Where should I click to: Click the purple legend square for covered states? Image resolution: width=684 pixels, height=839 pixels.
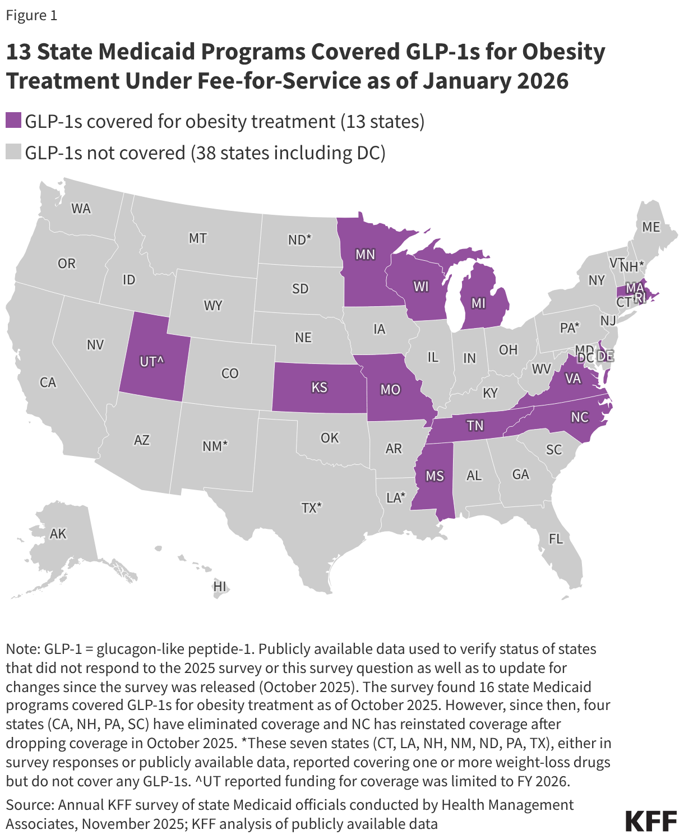pyautogui.click(x=13, y=121)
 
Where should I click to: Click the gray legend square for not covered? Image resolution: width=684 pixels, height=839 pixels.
pyautogui.click(x=13, y=153)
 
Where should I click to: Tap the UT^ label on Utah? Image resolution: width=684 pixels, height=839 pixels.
pyautogui.click(x=151, y=362)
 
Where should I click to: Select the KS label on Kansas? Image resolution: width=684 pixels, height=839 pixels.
pyautogui.click(x=319, y=388)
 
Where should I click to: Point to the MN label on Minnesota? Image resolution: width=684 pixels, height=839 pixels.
pyautogui.click(x=365, y=255)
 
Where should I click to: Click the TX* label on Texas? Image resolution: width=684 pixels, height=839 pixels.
pyautogui.click(x=311, y=508)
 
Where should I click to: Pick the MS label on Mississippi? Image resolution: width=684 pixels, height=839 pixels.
pyautogui.click(x=435, y=476)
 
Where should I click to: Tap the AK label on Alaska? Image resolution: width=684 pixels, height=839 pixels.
pyautogui.click(x=58, y=533)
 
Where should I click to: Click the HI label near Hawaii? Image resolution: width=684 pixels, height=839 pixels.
pyautogui.click(x=220, y=586)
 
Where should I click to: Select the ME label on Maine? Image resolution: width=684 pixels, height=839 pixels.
pyautogui.click(x=651, y=227)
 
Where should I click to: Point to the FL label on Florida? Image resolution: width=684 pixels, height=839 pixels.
pyautogui.click(x=556, y=539)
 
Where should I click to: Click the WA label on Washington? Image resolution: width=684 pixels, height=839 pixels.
pyautogui.click(x=81, y=209)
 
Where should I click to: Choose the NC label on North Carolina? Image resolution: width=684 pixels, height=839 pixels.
pyautogui.click(x=580, y=417)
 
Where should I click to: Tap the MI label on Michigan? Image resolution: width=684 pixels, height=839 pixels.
pyautogui.click(x=478, y=303)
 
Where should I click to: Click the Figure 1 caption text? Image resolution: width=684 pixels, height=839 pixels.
pyautogui.click(x=31, y=16)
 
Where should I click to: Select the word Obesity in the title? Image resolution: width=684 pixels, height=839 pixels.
pyautogui.click(x=563, y=52)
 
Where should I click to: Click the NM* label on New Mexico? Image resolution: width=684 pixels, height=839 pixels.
pyautogui.click(x=215, y=446)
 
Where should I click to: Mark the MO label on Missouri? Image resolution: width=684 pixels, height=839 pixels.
pyautogui.click(x=390, y=390)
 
